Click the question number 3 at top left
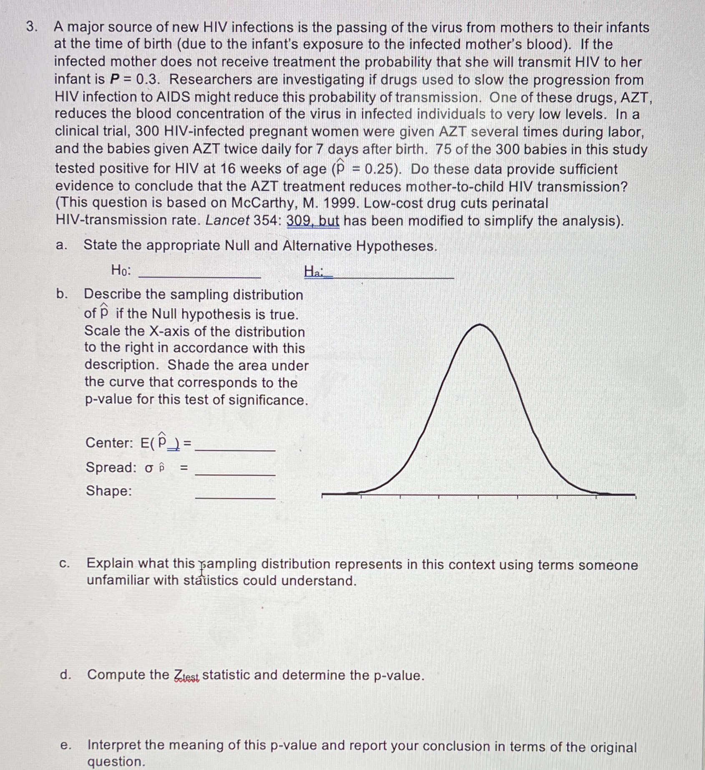click(32, 27)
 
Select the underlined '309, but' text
click(313, 221)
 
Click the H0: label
click(121, 270)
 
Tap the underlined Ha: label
click(314, 272)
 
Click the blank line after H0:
click(199, 276)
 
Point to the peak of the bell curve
click(480, 325)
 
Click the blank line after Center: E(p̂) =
click(235, 449)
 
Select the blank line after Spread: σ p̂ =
click(235, 474)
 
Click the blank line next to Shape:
click(235, 497)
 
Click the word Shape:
click(109, 491)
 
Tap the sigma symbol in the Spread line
click(149, 468)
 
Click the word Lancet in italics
click(227, 220)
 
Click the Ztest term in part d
click(186, 675)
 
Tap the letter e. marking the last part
click(65, 745)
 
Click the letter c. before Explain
click(64, 564)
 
